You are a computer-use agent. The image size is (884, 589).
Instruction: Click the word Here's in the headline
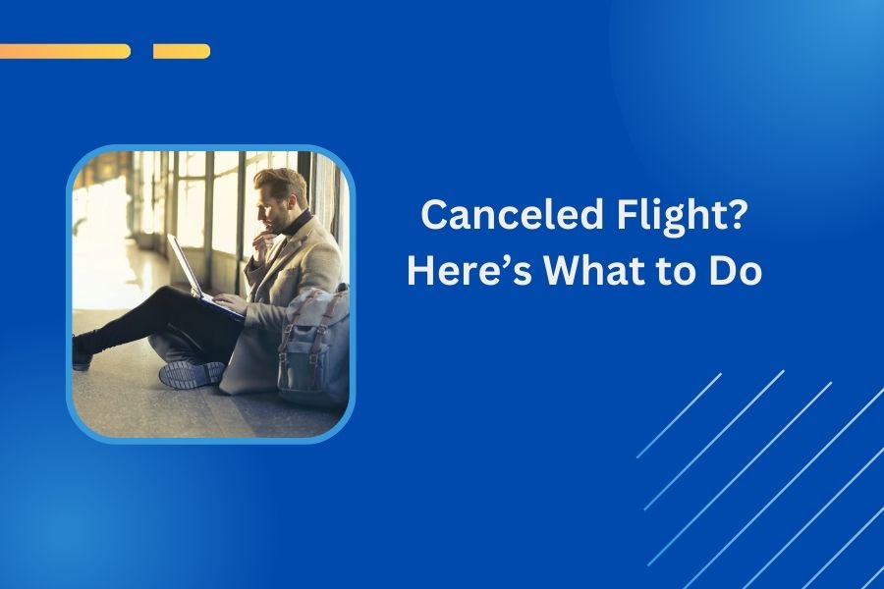pos(470,271)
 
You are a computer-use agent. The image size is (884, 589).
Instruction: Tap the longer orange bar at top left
pos(65,51)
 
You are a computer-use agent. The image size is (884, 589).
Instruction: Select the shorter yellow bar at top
pos(182,51)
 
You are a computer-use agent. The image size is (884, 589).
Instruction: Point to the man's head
pos(280,197)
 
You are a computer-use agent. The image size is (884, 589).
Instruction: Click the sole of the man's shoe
pos(192,374)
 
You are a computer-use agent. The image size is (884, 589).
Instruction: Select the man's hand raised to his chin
pos(261,243)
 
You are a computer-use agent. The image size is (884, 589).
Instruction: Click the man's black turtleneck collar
pos(299,223)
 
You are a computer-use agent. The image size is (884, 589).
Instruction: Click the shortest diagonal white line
pos(679,415)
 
